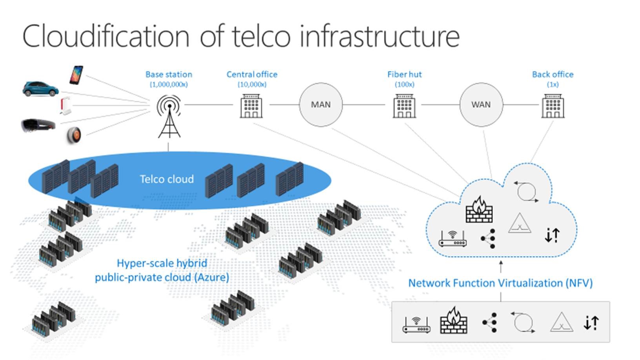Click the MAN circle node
click(x=321, y=105)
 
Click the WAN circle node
click(x=481, y=105)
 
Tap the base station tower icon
click(x=169, y=116)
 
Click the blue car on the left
click(x=40, y=89)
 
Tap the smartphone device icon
click(x=76, y=75)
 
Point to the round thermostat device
click(x=74, y=135)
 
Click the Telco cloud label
click(x=167, y=179)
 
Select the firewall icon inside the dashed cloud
click(x=479, y=210)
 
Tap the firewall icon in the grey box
click(x=454, y=321)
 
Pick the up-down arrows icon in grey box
click(x=591, y=323)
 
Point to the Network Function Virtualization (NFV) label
click(x=500, y=283)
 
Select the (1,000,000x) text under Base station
click(x=169, y=84)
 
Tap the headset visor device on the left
click(x=38, y=125)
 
